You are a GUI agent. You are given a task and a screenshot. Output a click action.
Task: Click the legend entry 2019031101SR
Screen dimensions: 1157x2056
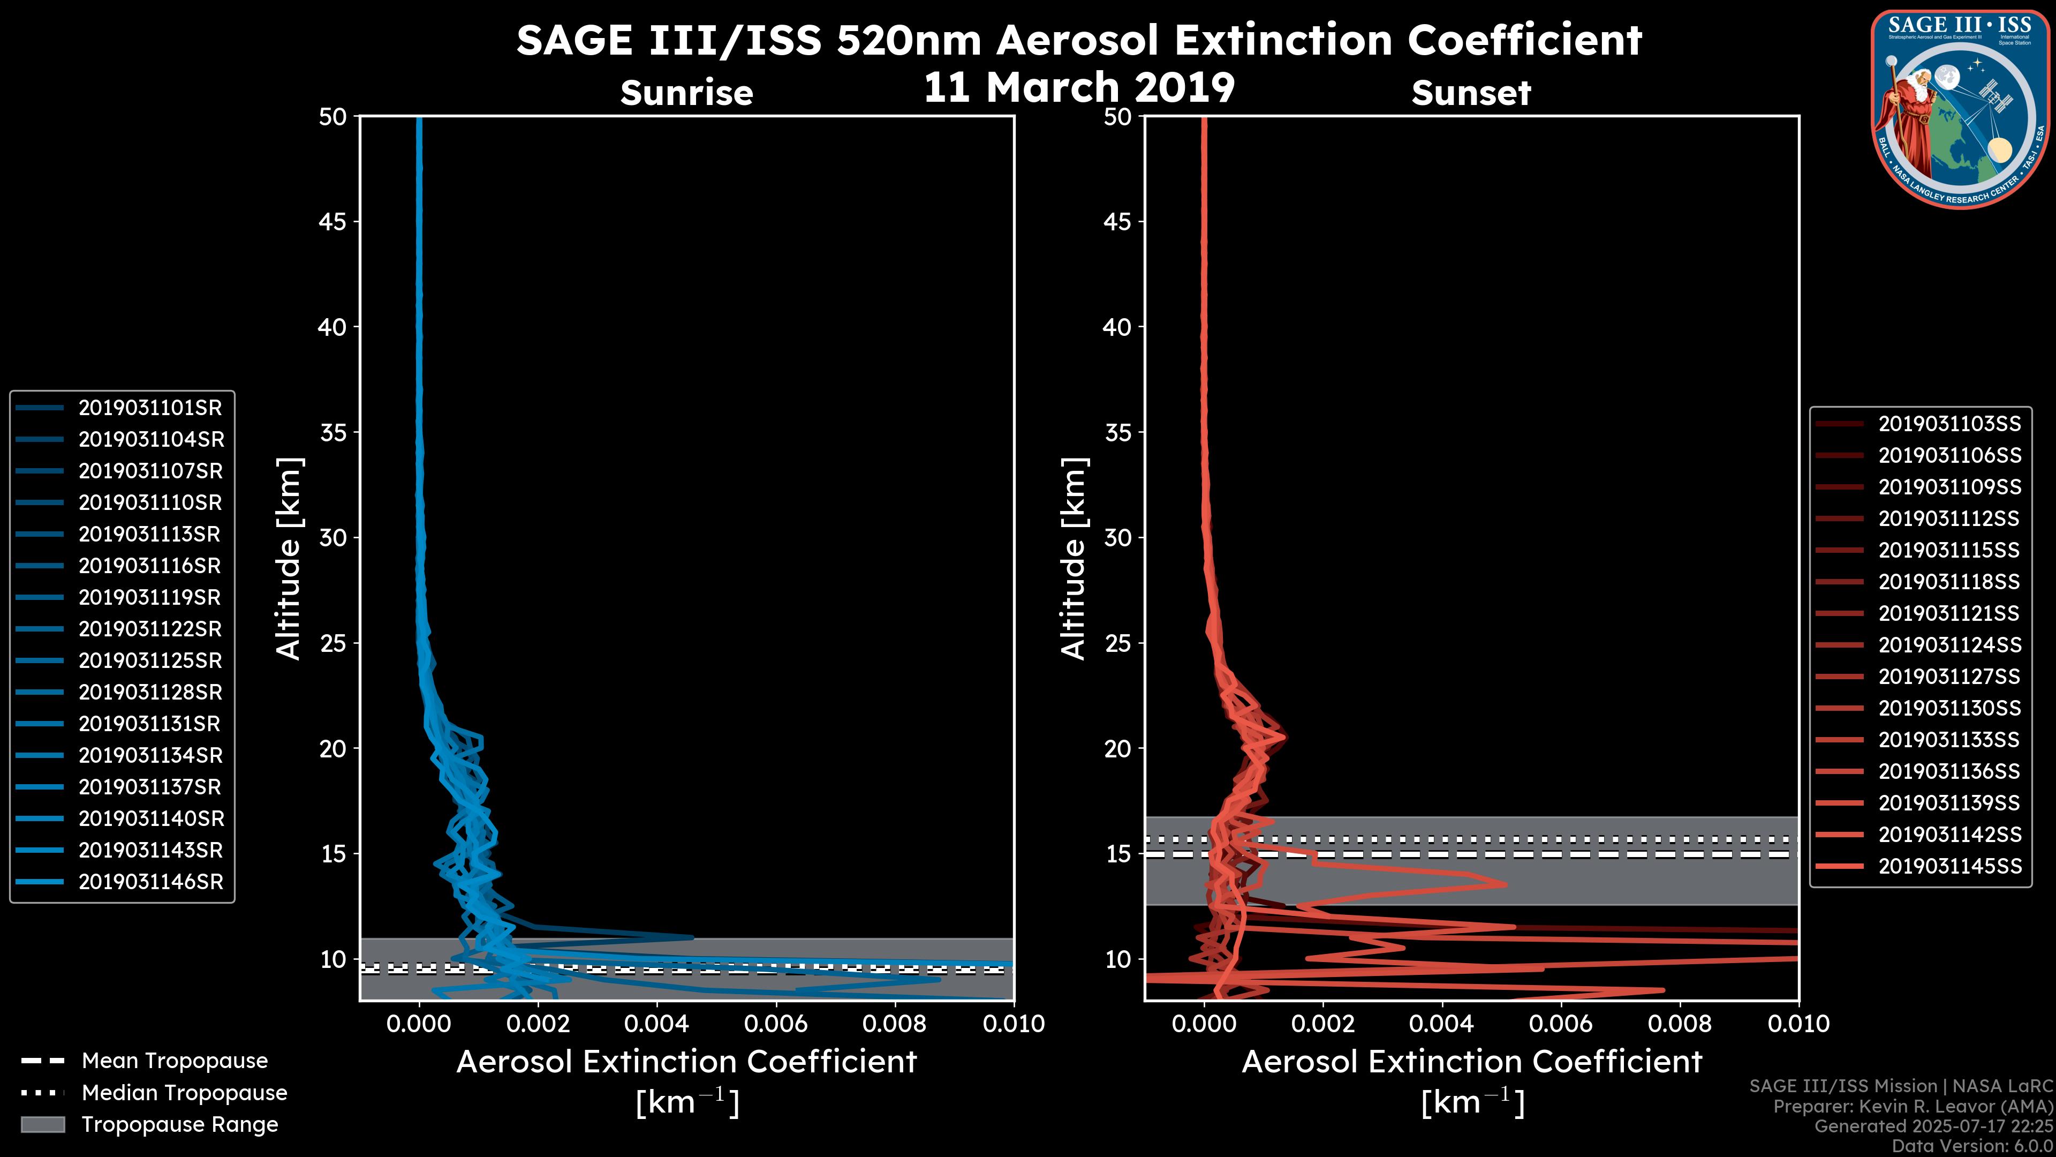(150, 408)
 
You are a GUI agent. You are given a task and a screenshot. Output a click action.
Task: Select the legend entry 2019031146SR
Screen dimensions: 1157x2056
(150, 882)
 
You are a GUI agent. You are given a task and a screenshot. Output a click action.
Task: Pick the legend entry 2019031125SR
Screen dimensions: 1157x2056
(150, 661)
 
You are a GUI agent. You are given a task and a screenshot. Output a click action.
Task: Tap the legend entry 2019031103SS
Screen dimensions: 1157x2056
(1949, 424)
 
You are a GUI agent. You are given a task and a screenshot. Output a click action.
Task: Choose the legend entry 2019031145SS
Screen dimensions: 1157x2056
(1949, 866)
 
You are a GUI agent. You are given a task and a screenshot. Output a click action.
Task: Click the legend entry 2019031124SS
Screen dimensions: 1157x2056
(1949, 645)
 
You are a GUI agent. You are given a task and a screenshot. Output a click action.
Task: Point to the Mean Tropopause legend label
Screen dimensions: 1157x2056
(175, 1061)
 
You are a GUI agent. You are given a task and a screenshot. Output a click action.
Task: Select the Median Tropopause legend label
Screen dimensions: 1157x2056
(184, 1093)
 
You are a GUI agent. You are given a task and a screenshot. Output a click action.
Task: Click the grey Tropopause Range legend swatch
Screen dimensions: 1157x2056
(43, 1124)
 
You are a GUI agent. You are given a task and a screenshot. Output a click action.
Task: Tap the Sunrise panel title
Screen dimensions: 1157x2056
(686, 93)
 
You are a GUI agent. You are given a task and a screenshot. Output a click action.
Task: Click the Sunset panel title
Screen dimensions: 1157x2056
(1471, 93)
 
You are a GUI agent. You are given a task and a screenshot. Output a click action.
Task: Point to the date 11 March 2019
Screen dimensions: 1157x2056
(1079, 87)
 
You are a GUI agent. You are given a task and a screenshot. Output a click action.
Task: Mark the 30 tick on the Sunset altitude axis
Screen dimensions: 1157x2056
(1117, 537)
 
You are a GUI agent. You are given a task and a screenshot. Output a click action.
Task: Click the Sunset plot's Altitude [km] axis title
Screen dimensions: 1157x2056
(1074, 559)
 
